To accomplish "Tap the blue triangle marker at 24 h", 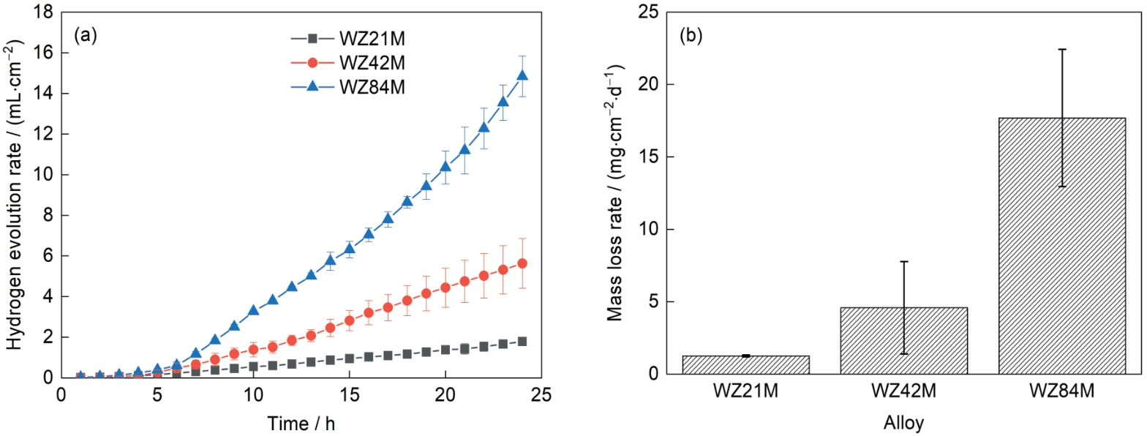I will point(522,75).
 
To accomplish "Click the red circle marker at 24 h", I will point(522,263).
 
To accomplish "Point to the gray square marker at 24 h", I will point(522,342).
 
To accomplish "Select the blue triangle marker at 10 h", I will point(253,310).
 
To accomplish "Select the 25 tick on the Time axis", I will point(541,394).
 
